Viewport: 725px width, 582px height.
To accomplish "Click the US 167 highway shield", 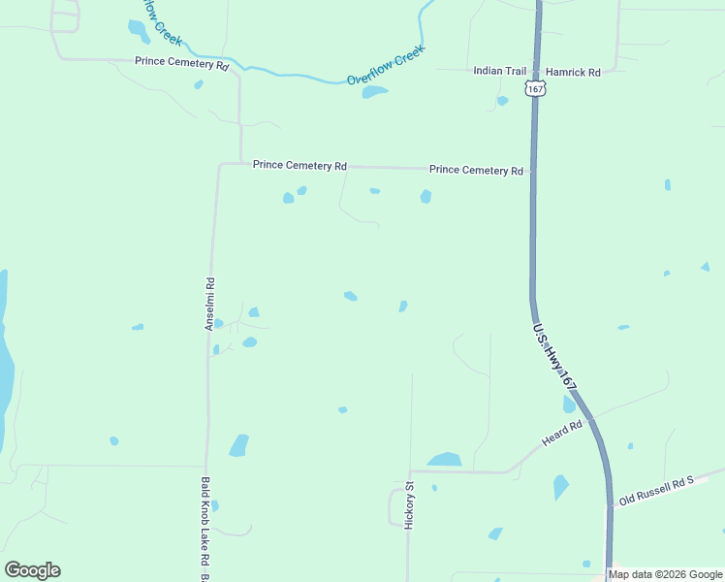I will point(535,88).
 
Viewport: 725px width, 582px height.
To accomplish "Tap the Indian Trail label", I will point(499,72).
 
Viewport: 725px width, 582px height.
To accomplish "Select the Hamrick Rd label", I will point(573,72).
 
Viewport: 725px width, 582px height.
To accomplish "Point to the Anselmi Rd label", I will point(209,304).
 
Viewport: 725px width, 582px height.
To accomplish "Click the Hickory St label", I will point(409,504).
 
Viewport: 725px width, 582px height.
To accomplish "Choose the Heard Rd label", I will point(562,434).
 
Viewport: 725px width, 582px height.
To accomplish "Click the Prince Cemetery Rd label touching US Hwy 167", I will point(476,170).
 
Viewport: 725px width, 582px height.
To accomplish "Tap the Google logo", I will point(32,570).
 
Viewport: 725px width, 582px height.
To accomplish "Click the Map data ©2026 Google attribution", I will point(666,574).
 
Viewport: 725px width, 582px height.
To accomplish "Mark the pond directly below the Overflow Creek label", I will point(374,92).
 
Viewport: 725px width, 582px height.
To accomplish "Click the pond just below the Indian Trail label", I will point(502,100).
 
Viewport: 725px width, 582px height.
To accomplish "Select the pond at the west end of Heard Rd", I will point(445,460).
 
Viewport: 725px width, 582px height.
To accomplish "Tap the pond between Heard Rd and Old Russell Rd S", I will point(560,486).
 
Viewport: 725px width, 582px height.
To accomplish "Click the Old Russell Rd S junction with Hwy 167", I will point(610,504).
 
